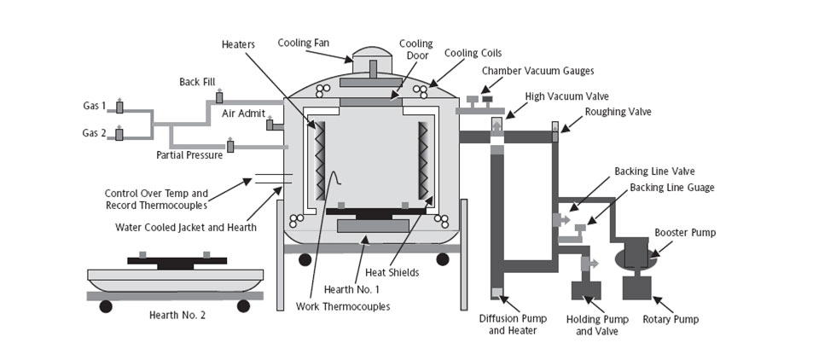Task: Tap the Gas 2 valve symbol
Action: [x=119, y=134]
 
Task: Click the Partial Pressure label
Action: [x=189, y=155]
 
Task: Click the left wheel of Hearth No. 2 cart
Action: [x=106, y=305]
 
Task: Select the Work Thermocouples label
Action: [x=343, y=305]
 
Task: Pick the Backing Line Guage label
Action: [x=671, y=188]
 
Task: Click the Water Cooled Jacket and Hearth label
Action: [x=185, y=227]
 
